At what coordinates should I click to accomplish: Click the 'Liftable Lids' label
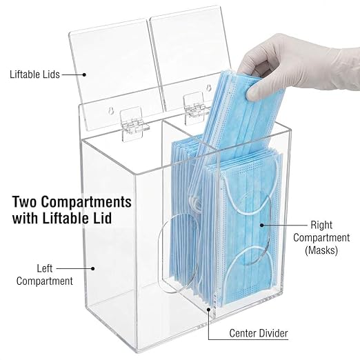(x=34, y=74)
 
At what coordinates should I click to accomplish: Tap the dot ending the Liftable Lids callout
(x=84, y=74)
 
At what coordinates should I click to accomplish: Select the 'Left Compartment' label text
(x=45, y=274)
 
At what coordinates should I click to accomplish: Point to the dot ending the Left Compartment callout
(x=93, y=268)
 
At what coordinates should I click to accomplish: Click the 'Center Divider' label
(x=259, y=333)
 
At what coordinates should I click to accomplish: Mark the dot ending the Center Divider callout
(x=208, y=310)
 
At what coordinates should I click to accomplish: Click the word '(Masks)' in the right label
(x=321, y=250)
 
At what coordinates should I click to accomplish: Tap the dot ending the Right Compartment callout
(x=261, y=225)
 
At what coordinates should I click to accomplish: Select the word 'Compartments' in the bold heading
(x=86, y=202)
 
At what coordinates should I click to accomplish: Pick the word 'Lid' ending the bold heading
(x=102, y=218)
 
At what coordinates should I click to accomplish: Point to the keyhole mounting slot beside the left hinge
(x=111, y=112)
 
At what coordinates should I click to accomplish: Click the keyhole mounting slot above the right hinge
(x=209, y=88)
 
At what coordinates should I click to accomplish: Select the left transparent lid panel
(x=116, y=76)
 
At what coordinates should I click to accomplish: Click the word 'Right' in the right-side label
(x=321, y=225)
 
